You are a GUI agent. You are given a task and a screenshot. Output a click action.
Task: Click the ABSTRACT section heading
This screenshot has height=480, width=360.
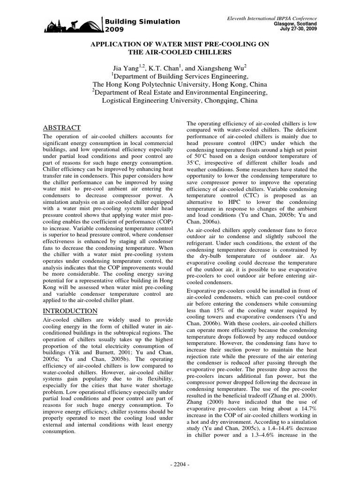62,128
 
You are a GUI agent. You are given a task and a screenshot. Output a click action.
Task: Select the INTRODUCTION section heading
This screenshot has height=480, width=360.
70,311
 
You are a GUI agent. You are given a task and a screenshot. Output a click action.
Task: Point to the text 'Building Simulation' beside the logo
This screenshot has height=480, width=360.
142,22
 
